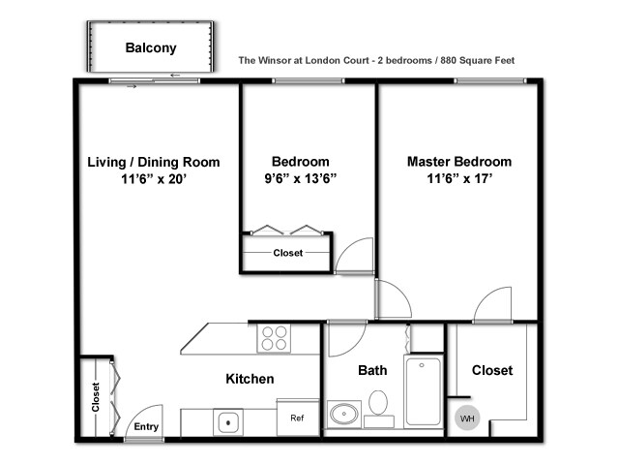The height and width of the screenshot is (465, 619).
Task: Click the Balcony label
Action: (x=151, y=47)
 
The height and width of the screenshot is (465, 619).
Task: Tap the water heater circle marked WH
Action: (x=467, y=418)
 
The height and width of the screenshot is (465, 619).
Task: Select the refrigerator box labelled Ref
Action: (x=298, y=418)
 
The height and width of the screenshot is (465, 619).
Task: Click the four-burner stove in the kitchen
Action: (x=274, y=338)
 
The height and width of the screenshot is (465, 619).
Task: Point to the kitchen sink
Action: (x=228, y=422)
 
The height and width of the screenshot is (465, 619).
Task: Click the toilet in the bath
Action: (x=378, y=407)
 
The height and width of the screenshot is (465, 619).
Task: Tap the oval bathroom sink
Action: (x=344, y=414)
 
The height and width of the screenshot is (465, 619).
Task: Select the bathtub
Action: (x=424, y=390)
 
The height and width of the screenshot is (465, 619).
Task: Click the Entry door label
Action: (x=146, y=426)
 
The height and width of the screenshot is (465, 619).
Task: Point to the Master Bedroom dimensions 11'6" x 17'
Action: (x=459, y=178)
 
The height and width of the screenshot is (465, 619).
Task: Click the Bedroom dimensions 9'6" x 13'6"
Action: (x=301, y=178)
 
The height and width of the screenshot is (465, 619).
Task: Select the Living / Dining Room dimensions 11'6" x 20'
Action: (x=154, y=179)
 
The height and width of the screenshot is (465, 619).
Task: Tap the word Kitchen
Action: (x=250, y=379)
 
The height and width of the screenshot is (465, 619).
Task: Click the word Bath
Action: (x=372, y=370)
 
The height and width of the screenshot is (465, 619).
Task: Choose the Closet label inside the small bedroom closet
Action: (x=288, y=253)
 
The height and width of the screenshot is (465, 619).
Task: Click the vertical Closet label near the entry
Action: (x=96, y=397)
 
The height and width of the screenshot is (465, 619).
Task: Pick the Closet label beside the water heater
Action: (x=492, y=370)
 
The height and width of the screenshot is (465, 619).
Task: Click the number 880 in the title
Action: (x=449, y=60)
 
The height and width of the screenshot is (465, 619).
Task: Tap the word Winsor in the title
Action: (x=275, y=60)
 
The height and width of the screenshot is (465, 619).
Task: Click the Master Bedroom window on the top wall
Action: (x=490, y=80)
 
